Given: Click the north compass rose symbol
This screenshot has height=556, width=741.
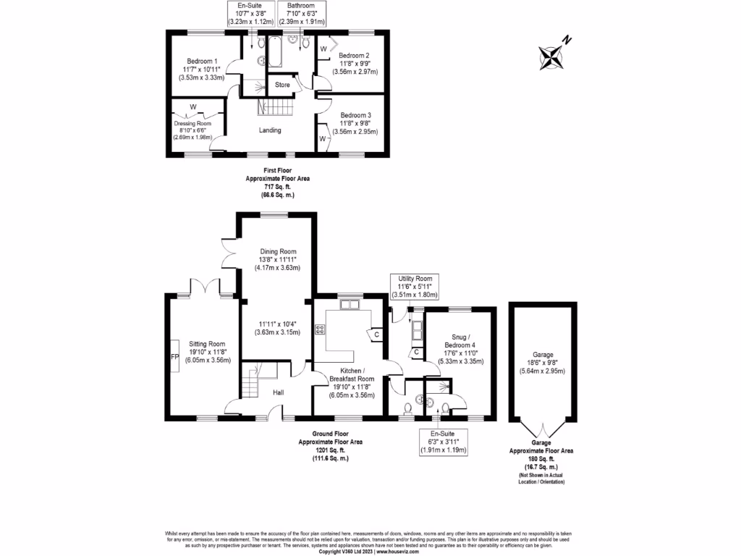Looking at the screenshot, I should [554, 56].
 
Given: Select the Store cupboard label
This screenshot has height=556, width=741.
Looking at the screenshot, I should [282, 85].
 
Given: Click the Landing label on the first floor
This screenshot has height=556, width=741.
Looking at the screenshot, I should [269, 130].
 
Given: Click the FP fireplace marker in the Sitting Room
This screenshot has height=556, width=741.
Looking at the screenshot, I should [174, 358].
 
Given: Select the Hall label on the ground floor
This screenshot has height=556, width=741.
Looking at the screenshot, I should [278, 393].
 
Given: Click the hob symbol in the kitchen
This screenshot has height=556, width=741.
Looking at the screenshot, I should [319, 330].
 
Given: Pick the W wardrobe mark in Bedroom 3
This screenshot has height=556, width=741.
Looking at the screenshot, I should [322, 138].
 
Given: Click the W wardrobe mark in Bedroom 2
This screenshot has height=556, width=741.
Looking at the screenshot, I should [323, 49].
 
